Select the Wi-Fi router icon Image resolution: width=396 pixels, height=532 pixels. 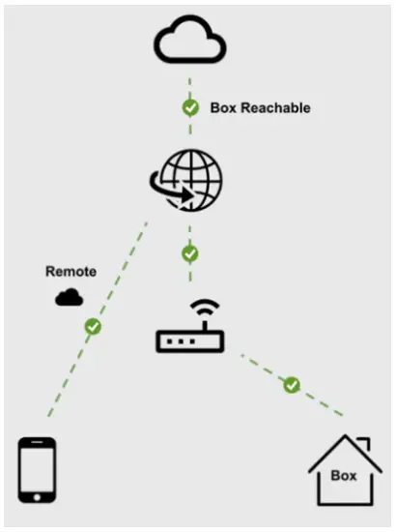point(190,328)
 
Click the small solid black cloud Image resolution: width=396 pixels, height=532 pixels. point(69,298)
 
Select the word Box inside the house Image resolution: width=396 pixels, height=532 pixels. point(344,476)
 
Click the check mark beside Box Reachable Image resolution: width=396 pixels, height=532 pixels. point(190,107)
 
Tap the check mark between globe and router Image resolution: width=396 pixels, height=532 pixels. point(190,253)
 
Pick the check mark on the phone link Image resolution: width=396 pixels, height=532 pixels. point(93,327)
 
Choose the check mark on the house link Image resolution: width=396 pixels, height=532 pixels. point(292,385)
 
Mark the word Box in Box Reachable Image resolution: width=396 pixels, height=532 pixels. point(223,108)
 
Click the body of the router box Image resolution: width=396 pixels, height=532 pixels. point(190,340)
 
